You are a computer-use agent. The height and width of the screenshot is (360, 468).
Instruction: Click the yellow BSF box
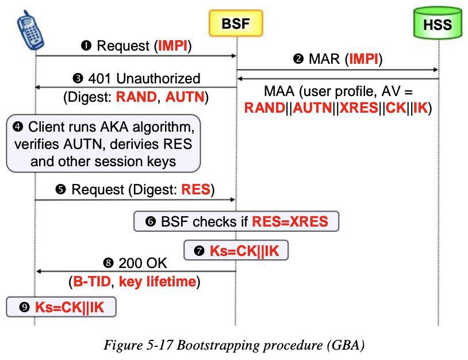(236, 23)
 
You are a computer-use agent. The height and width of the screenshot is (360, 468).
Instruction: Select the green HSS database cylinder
(438, 23)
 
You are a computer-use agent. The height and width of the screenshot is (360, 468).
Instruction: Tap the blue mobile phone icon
(30, 30)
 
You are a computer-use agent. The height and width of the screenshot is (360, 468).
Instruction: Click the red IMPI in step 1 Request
(173, 45)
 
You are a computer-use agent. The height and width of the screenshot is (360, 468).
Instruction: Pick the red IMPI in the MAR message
(364, 59)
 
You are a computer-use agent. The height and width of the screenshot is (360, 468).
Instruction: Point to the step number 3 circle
(78, 79)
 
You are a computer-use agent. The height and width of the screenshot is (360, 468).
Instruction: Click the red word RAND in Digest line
(136, 97)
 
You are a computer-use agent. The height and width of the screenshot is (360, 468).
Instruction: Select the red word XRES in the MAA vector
(359, 108)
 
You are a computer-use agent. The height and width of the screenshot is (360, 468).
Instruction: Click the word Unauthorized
(158, 79)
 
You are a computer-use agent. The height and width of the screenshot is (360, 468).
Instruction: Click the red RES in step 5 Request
(196, 189)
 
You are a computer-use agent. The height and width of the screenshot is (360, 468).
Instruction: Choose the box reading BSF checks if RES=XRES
(236, 221)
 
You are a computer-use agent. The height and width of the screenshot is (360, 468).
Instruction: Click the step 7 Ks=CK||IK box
(236, 250)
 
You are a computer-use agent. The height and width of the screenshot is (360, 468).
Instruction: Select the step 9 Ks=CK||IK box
(61, 307)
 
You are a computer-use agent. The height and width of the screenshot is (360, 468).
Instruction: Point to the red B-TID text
(92, 281)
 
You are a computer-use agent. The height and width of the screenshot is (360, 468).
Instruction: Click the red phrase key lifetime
(158, 282)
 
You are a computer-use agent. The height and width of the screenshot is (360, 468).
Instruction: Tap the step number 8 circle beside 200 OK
(108, 263)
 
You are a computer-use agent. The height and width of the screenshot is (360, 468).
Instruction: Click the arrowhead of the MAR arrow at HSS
(435, 70)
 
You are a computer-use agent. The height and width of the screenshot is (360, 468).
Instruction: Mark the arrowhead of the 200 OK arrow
(38, 271)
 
